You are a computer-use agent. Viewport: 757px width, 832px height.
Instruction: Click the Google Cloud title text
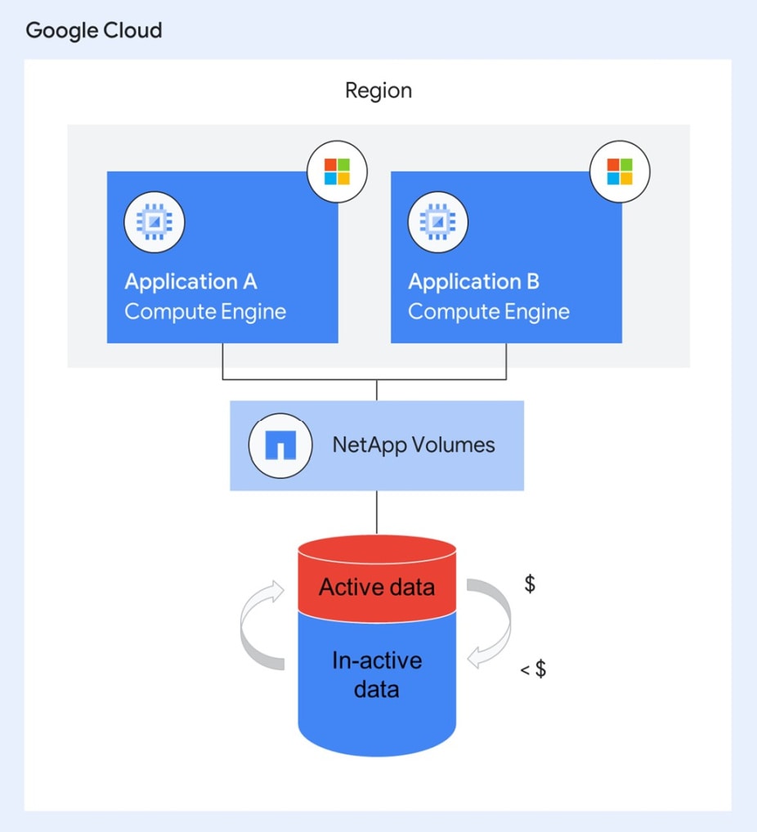94,31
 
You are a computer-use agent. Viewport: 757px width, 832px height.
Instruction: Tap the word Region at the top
378,90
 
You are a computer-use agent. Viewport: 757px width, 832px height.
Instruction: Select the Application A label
190,282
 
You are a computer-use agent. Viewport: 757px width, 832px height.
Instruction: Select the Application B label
473,282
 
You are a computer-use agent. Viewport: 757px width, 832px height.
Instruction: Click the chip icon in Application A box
155,222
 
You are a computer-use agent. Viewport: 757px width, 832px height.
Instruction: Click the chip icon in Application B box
437,222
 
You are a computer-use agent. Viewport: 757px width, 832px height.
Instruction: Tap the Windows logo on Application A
337,172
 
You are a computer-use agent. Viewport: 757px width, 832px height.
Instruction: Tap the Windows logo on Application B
620,172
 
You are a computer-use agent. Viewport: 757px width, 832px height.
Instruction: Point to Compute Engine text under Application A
205,311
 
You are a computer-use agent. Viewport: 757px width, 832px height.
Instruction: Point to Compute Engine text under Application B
489,311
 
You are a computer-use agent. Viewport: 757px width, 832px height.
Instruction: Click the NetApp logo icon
280,445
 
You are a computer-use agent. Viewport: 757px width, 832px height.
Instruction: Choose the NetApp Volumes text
414,445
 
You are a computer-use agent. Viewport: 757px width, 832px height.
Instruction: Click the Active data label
377,588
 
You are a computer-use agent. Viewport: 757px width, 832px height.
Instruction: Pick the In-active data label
377,674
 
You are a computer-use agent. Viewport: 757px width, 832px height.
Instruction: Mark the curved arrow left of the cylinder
261,626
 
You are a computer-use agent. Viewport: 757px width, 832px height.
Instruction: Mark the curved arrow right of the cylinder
491,621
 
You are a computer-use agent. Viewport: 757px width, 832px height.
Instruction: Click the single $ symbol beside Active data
530,584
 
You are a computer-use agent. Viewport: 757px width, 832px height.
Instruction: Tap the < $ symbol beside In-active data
534,669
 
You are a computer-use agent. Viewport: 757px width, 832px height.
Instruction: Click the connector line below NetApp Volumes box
377,512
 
